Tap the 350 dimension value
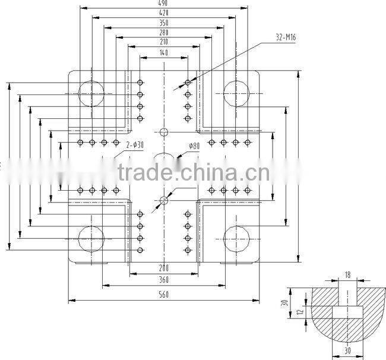coord(163,23)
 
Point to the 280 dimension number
coord(163,33)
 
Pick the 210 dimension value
coord(163,42)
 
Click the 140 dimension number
coord(163,53)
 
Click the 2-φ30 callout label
coord(135,144)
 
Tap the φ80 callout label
coord(194,146)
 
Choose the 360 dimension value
coord(163,280)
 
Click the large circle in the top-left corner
coord(91,93)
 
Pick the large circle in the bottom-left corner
coord(91,239)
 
